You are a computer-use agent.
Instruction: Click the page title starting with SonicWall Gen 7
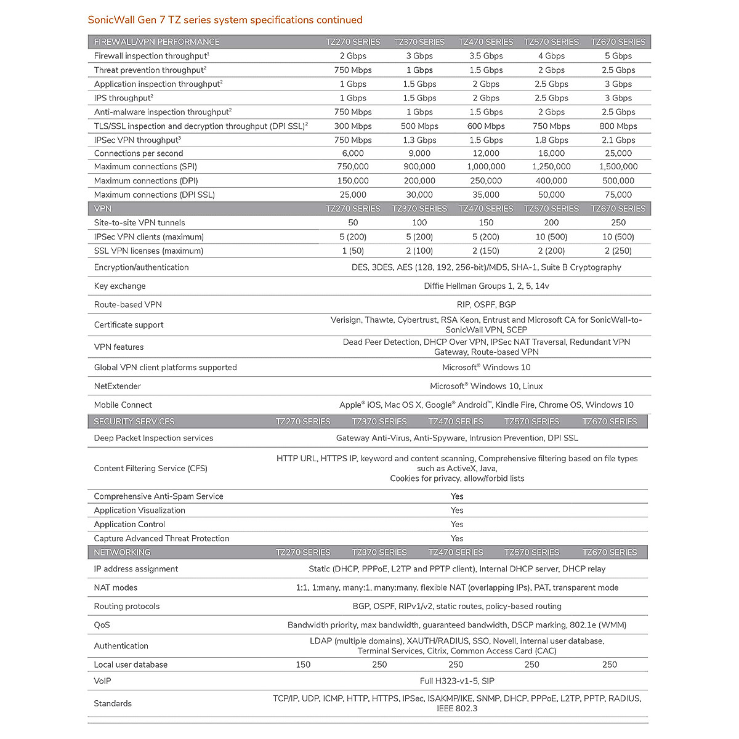point(225,20)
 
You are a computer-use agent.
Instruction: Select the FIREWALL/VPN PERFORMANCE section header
point(156,42)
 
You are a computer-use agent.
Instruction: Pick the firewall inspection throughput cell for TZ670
point(618,56)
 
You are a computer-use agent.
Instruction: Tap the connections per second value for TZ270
point(352,153)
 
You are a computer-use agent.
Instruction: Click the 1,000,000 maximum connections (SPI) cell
point(485,167)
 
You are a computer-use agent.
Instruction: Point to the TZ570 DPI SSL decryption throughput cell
point(551,126)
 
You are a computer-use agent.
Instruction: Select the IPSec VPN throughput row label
point(137,140)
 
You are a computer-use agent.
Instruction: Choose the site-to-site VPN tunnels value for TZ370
point(419,223)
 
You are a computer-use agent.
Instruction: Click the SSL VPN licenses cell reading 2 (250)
point(618,251)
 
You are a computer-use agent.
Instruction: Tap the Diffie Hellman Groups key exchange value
point(486,286)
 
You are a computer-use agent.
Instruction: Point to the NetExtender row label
point(117,387)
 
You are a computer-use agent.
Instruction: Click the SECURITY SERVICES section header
point(134,422)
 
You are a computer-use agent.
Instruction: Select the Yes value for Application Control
point(456,525)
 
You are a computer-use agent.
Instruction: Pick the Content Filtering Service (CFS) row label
point(150,469)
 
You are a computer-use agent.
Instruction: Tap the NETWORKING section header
point(122,552)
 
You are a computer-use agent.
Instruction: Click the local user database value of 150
point(303,665)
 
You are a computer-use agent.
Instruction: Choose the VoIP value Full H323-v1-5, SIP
point(456,681)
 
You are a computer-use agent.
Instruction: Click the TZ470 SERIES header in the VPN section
point(485,209)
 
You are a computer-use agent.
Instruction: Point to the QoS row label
point(102,625)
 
